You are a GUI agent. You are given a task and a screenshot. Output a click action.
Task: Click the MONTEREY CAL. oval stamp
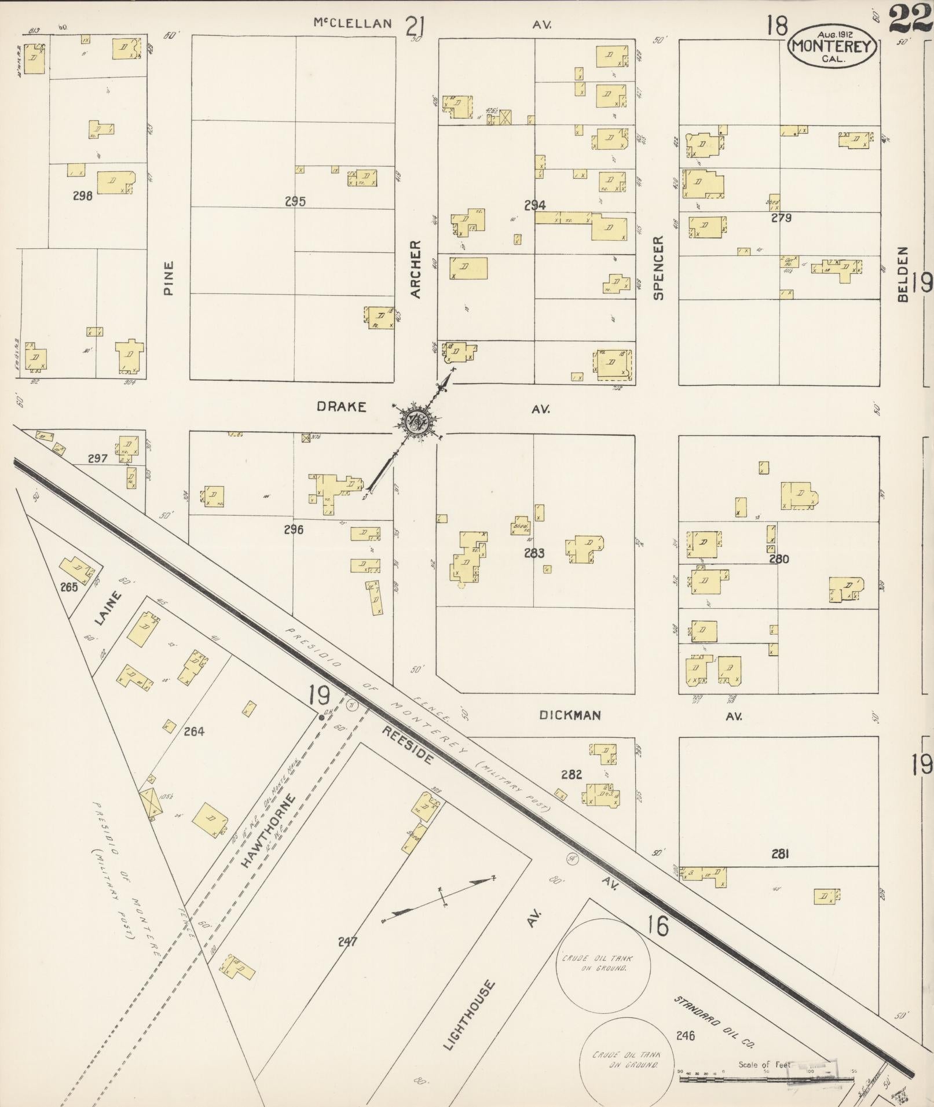pyautogui.click(x=833, y=45)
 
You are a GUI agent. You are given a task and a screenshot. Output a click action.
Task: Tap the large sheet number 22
pyautogui.click(x=910, y=19)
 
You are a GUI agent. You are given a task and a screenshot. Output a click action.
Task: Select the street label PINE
pyautogui.click(x=169, y=278)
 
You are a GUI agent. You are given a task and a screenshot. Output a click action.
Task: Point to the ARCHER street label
pyautogui.click(x=416, y=270)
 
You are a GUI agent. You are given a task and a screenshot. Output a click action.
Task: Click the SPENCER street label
pyautogui.click(x=658, y=267)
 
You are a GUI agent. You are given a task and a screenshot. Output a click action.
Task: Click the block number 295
pyautogui.click(x=295, y=201)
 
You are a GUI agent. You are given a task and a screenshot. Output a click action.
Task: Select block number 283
pyautogui.click(x=534, y=553)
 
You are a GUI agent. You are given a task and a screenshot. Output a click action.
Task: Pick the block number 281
pyautogui.click(x=780, y=854)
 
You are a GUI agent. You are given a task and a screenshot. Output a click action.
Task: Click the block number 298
pyautogui.click(x=83, y=196)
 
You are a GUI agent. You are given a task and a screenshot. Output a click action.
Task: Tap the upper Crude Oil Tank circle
pyautogui.click(x=603, y=963)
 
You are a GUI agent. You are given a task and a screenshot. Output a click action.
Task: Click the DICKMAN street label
pyautogui.click(x=570, y=715)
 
